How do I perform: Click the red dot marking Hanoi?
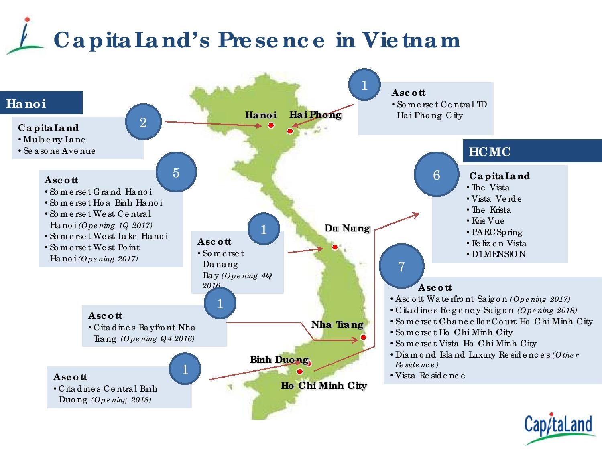coord(271,125)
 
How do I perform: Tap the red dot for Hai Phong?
coord(290,131)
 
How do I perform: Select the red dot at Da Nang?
coord(335,247)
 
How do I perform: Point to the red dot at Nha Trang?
coord(363,337)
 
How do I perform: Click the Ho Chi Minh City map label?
coord(323,386)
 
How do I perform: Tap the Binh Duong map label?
coord(279,360)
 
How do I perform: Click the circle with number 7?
coord(401,266)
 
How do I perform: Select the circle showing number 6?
coord(436,175)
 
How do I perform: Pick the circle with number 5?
coord(176,172)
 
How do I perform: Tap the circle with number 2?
coord(143,122)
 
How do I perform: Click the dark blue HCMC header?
coord(532,151)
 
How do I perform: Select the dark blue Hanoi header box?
coord(41,103)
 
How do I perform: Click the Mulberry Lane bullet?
coord(54,140)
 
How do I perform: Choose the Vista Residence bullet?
coord(430,376)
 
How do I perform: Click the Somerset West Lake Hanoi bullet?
coord(108,236)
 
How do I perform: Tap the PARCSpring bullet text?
coord(496,232)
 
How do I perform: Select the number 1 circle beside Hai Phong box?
coord(364,85)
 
